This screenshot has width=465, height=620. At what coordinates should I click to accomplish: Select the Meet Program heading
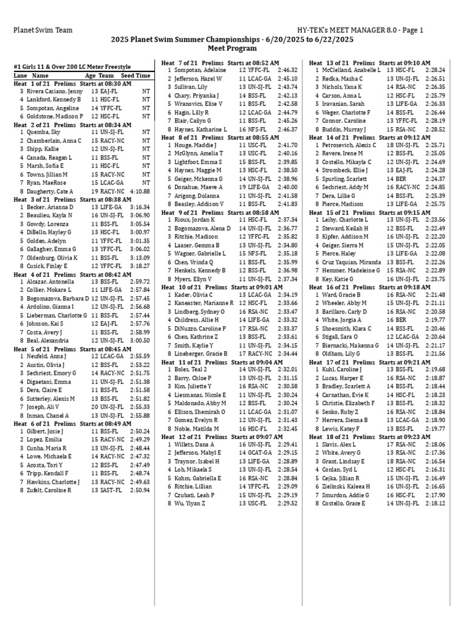pyautogui.click(x=232, y=47)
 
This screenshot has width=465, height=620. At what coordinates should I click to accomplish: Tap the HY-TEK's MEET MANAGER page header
pyautogui.click(x=360, y=30)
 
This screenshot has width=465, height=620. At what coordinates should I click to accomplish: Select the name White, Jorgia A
pyautogui.click(x=343, y=319)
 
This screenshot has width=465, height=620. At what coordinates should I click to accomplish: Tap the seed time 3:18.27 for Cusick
pyautogui.click(x=139, y=266)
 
